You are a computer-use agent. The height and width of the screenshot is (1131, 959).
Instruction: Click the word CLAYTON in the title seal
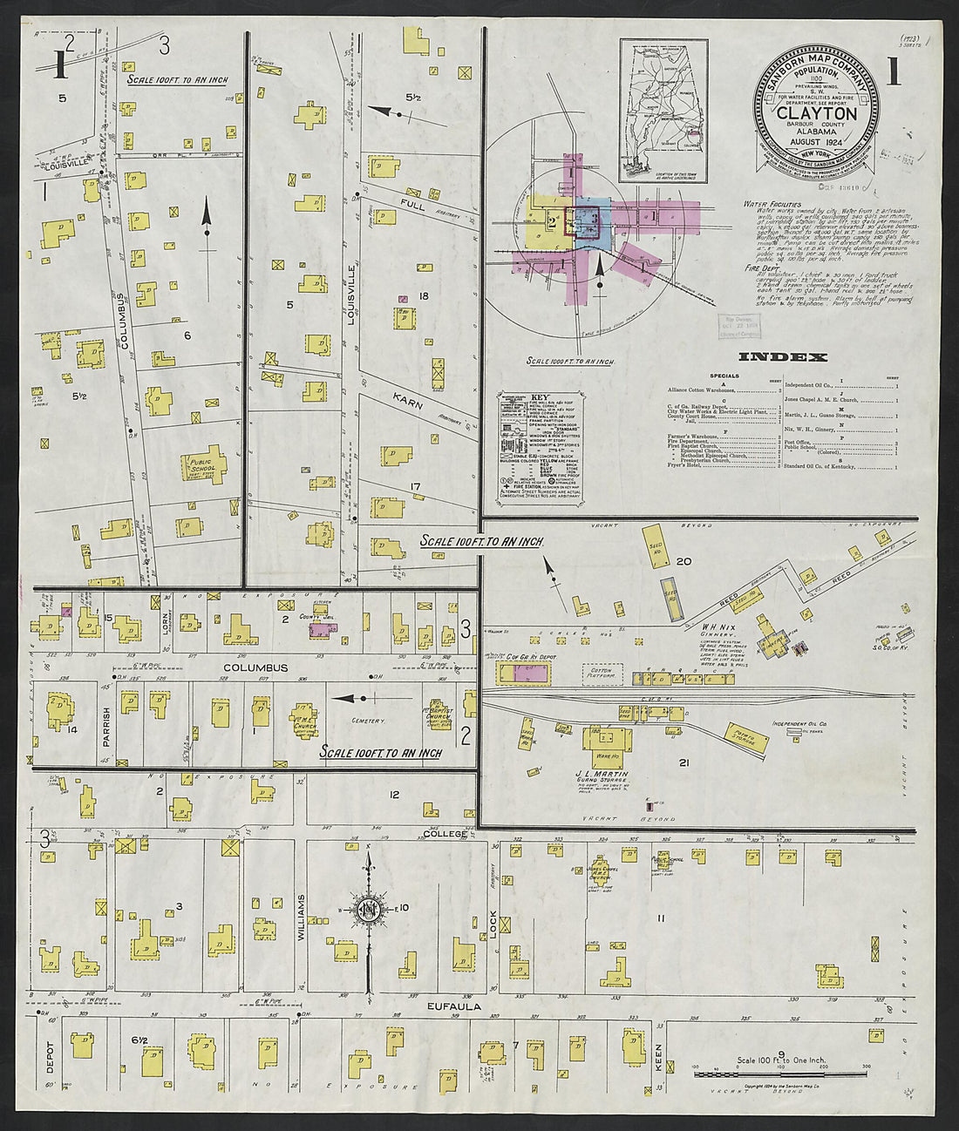coord(816,113)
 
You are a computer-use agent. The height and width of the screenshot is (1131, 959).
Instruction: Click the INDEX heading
coord(783,357)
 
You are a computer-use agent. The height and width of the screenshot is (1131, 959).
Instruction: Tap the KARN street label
coord(407,402)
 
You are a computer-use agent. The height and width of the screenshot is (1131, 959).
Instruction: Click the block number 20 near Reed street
coord(684,561)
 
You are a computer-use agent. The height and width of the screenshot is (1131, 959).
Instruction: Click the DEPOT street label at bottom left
coord(50,1054)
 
